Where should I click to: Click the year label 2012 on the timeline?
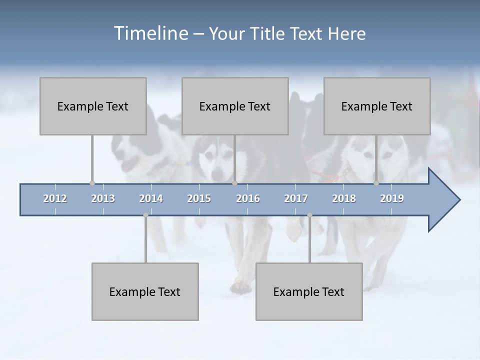55,198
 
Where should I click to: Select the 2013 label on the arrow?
103,198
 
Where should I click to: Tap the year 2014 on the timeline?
151,198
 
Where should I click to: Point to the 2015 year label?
199,198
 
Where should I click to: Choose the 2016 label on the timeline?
248,198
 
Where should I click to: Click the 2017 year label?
296,198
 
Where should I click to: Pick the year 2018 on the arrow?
344,198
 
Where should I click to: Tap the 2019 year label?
392,198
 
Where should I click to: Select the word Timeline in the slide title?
150,33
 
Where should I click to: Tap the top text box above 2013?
93,106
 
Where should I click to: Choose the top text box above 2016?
235,106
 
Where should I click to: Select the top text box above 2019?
377,106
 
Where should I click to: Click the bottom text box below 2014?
145,291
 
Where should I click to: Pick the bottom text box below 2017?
309,291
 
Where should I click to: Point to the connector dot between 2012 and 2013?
92,183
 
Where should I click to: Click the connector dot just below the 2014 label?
145,215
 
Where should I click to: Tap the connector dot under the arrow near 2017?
309,215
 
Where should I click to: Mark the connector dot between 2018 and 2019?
376,183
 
